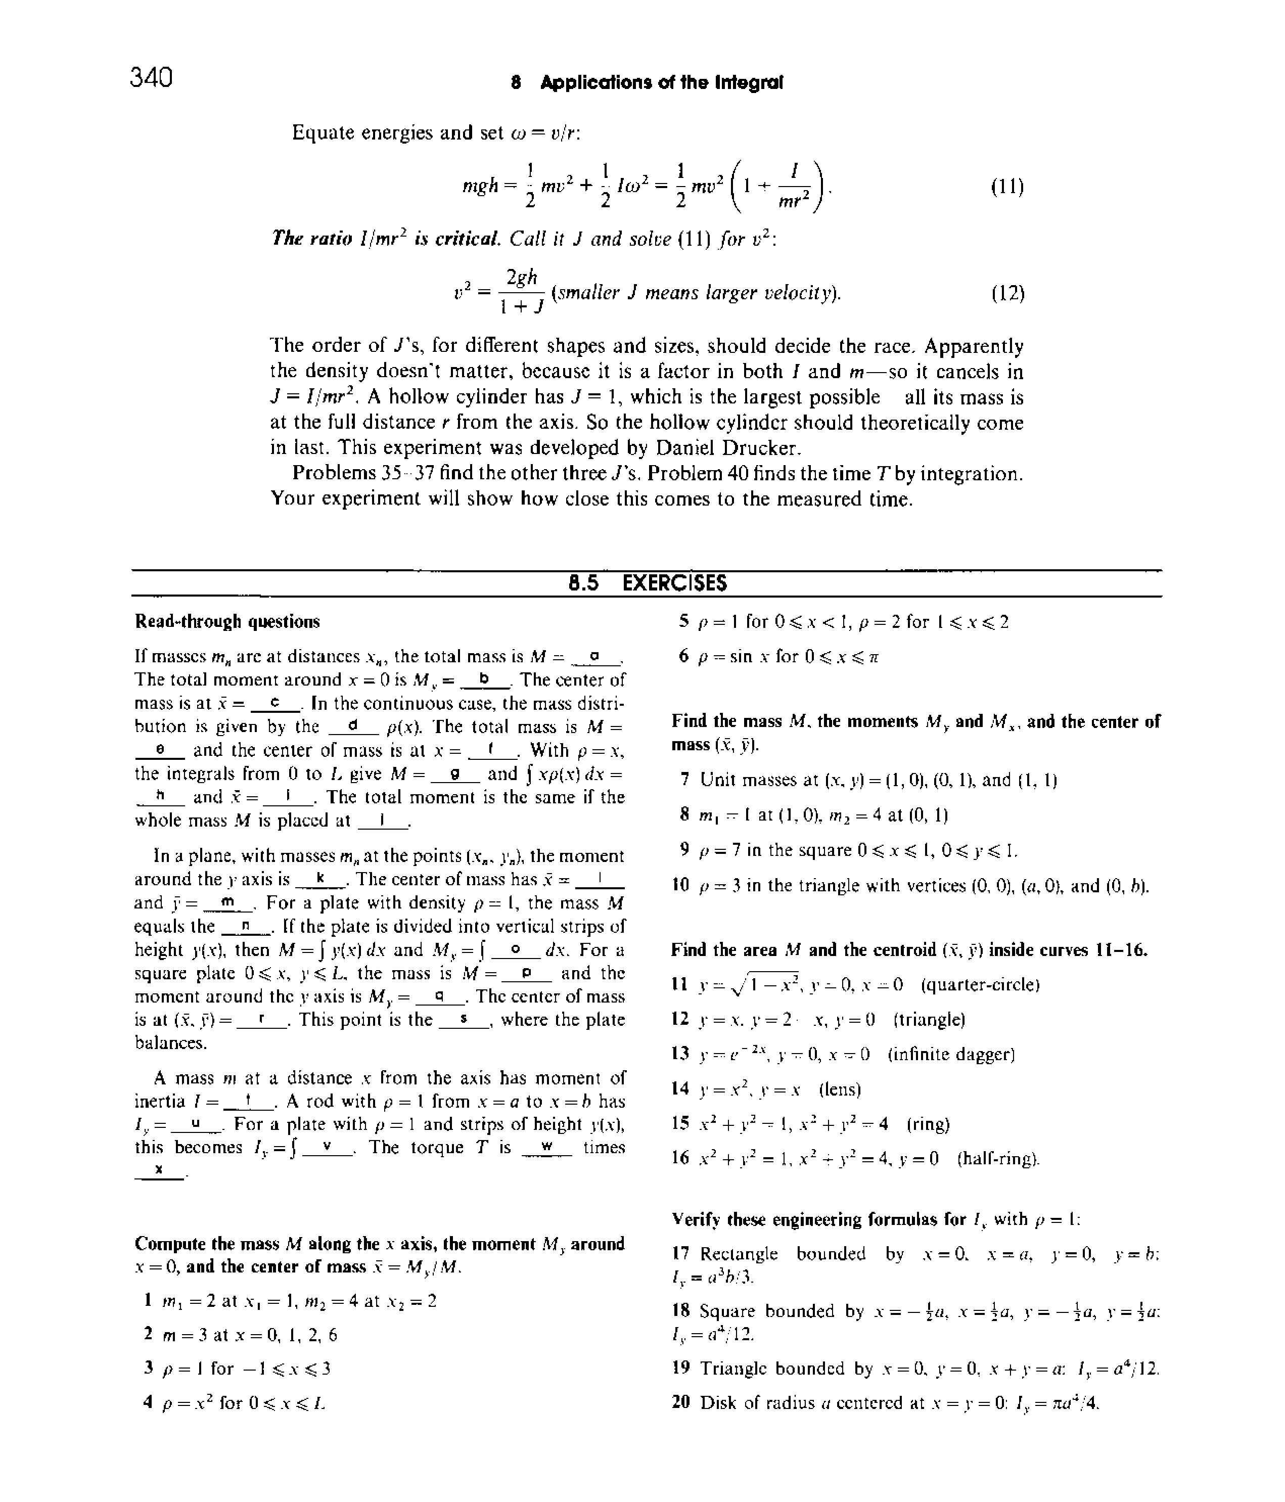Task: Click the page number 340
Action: pos(152,77)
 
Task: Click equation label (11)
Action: pos(1006,187)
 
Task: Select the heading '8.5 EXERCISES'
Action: pos(647,583)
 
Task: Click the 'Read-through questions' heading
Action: pos(227,621)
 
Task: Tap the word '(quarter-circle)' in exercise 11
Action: pos(980,984)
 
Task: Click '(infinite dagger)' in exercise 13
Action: pos(951,1053)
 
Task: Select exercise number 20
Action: pos(680,1402)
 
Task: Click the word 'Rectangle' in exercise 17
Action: pos(739,1253)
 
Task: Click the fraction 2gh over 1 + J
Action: pos(521,293)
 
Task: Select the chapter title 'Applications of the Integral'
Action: pos(661,82)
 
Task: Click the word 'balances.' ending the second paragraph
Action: pos(171,1042)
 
